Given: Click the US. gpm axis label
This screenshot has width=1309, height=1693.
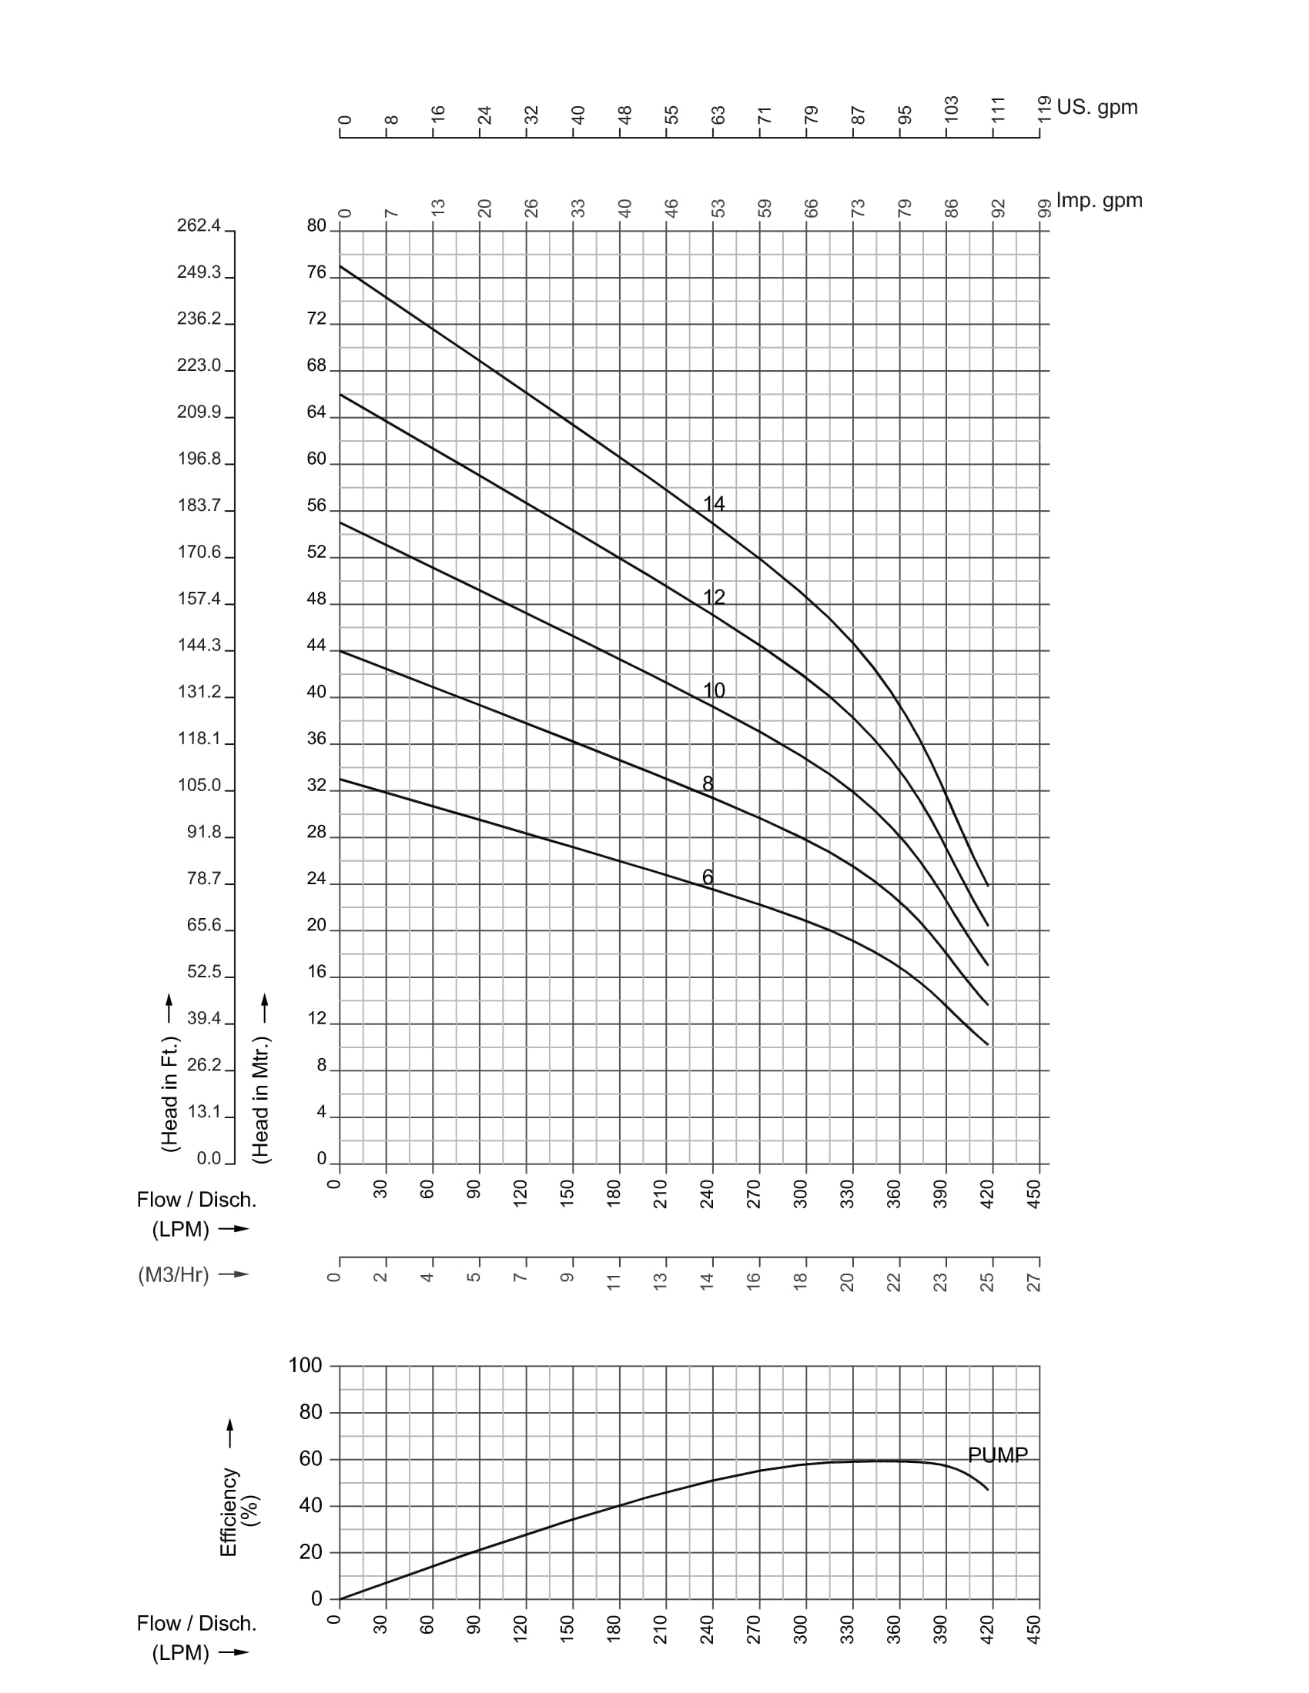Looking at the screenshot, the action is click(1096, 107).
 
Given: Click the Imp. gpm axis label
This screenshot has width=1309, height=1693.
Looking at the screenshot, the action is click(1099, 200).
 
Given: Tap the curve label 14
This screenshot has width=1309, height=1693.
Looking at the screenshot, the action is click(714, 503).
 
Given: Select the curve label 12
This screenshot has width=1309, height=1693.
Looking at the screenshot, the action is click(714, 597).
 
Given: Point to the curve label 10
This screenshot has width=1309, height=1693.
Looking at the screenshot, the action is click(714, 690).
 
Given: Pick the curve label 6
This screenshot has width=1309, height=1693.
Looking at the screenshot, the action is click(707, 877).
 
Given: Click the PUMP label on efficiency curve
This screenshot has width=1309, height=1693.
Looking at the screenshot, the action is click(998, 1455).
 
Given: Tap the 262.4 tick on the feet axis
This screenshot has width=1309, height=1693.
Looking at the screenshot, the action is click(199, 225).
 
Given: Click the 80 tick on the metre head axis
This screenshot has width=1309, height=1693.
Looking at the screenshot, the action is click(316, 225).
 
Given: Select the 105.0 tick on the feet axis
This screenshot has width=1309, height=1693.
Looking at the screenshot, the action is click(199, 785).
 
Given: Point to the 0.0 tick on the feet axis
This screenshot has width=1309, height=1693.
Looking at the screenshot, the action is click(209, 1158).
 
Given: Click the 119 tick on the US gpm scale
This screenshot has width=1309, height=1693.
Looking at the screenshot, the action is click(1044, 109).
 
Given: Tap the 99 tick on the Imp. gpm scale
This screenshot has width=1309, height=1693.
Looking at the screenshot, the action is click(1044, 208).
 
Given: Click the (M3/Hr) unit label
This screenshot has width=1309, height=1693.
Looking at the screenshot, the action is click(174, 1274).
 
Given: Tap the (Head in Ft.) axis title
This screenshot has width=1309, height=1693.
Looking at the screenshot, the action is click(170, 1094).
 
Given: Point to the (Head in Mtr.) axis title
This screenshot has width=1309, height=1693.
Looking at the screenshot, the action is click(260, 1099).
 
